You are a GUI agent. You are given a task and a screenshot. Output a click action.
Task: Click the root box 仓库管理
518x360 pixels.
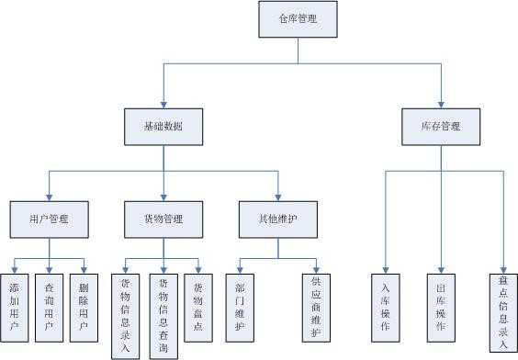pyautogui.click(x=298, y=18)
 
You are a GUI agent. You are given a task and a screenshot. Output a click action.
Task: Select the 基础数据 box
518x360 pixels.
pyautogui.click(x=163, y=127)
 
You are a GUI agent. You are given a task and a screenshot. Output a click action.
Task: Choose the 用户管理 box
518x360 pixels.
pyautogui.click(x=49, y=219)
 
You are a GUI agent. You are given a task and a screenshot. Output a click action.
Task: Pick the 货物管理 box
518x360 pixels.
pyautogui.click(x=163, y=219)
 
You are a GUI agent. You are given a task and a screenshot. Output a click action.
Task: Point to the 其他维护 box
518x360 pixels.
pyautogui.click(x=277, y=219)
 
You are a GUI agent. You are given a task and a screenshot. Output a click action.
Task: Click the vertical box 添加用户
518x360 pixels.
pyautogui.click(x=14, y=307)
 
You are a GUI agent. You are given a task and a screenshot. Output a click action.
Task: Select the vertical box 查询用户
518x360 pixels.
pyautogui.click(x=49, y=307)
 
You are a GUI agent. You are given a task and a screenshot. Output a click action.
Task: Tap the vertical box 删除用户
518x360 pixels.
pyautogui.click(x=84, y=307)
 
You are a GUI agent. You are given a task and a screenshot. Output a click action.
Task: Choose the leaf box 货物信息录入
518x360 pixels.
pyautogui.click(x=125, y=313)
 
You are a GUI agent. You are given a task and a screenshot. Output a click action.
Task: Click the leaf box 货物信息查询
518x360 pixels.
pyautogui.click(x=163, y=313)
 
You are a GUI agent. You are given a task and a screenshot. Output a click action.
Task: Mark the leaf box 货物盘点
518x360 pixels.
pyautogui.click(x=197, y=307)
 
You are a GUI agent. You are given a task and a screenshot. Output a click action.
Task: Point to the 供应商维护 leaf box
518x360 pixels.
pyautogui.click(x=317, y=307)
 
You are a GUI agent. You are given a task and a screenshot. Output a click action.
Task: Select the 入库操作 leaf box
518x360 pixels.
pyautogui.click(x=386, y=307)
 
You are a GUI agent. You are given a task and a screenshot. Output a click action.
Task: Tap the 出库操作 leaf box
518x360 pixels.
pyautogui.click(x=441, y=307)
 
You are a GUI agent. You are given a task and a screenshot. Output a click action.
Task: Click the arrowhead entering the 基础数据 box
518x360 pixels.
pyautogui.click(x=163, y=104)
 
